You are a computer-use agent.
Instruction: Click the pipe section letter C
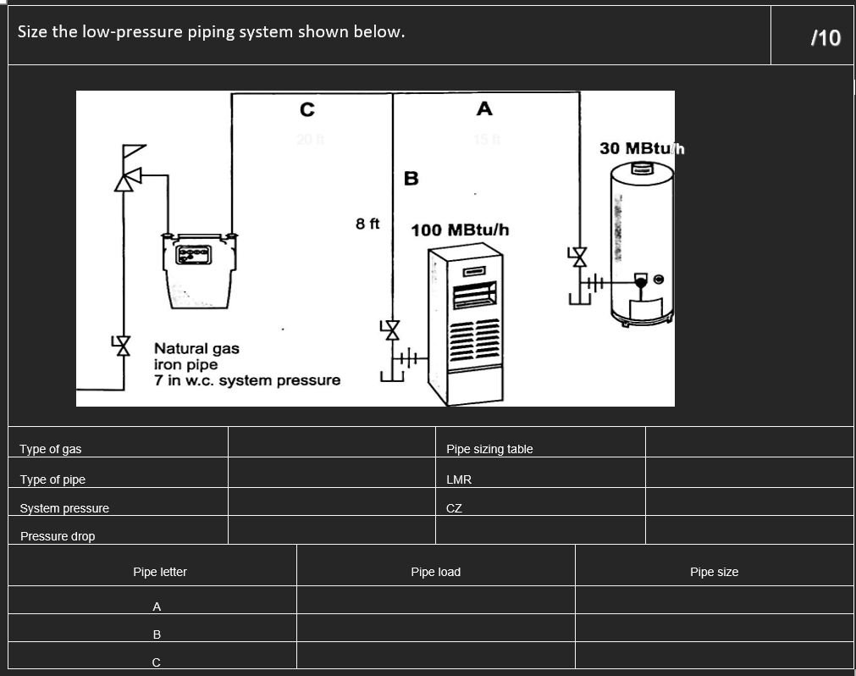point(307,109)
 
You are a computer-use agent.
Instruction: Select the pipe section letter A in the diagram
point(484,108)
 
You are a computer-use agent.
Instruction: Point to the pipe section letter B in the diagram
point(411,179)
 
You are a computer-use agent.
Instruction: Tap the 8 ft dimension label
point(367,224)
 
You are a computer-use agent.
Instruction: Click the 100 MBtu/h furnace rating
point(460,230)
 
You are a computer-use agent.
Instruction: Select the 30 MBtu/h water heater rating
point(641,148)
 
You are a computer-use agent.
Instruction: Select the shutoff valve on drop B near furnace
point(391,329)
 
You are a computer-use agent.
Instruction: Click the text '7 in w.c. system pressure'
point(247,380)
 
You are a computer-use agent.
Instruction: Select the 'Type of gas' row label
point(51,449)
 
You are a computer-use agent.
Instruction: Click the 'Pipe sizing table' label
point(489,449)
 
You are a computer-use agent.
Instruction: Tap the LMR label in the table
point(459,479)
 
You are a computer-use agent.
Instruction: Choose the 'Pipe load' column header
point(435,572)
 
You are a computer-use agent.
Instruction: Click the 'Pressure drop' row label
point(58,536)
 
